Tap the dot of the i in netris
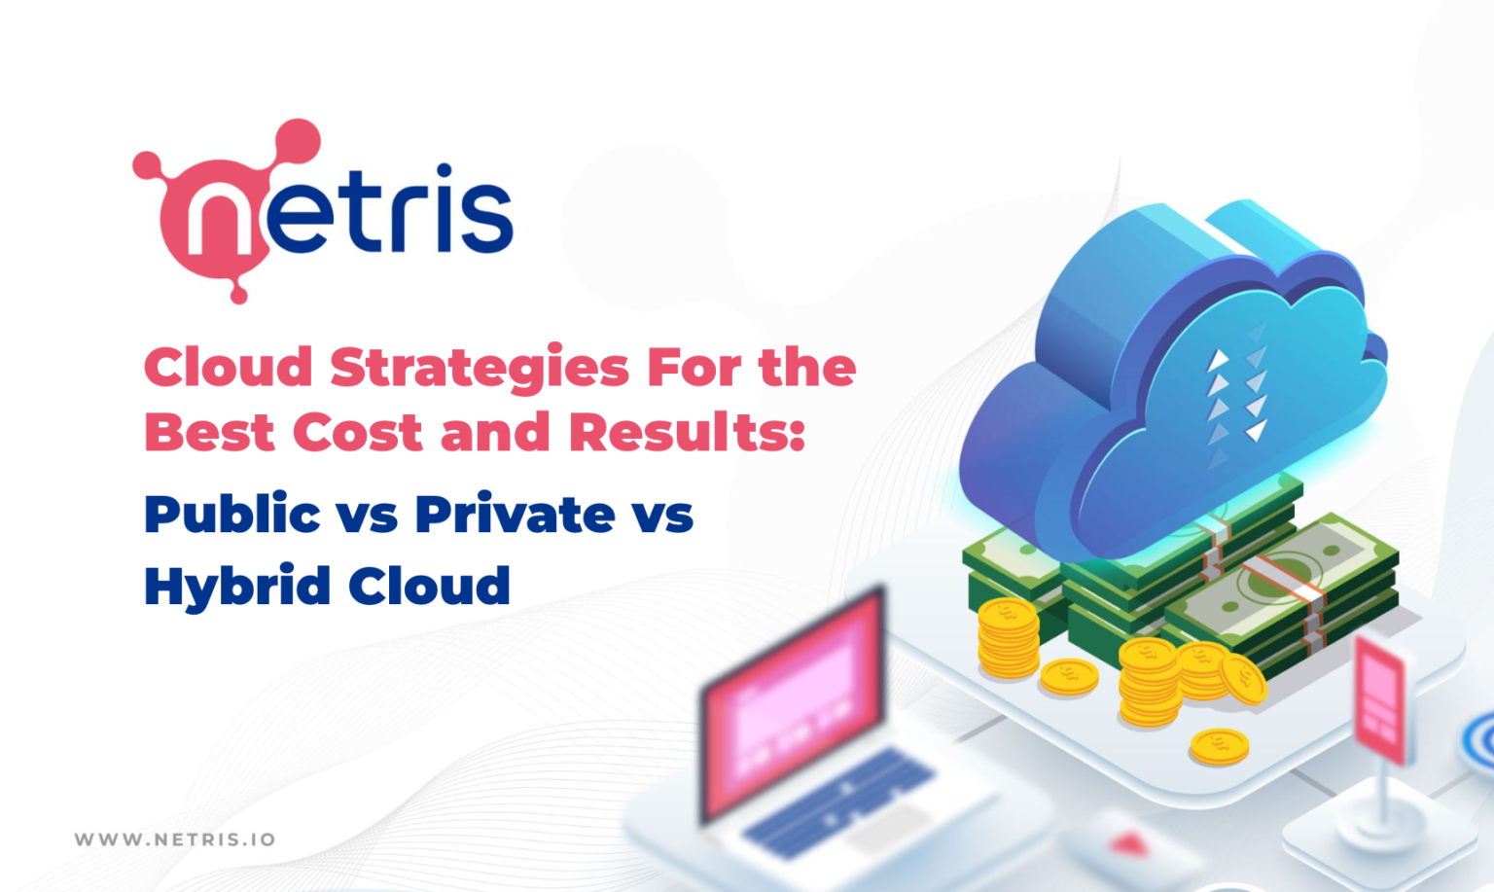tap(444, 171)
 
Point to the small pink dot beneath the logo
tap(238, 294)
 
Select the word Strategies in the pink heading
tap(480, 369)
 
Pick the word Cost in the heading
tap(358, 432)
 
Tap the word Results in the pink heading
tap(687, 431)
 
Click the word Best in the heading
tap(209, 432)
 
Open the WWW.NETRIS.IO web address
tap(175, 839)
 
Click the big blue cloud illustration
tap(1174, 380)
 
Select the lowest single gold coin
tap(1219, 746)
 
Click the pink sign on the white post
tap(1380, 700)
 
